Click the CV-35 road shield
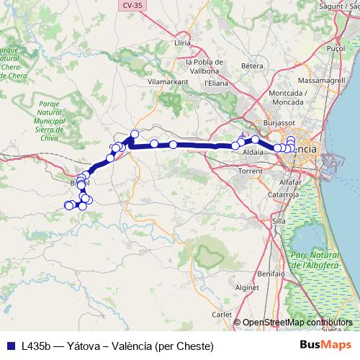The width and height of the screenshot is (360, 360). click(x=130, y=5)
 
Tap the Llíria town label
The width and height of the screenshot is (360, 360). click(x=183, y=43)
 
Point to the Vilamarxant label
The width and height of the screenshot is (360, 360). click(x=167, y=82)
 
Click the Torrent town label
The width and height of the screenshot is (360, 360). click(x=250, y=172)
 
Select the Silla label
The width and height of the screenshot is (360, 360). click(x=279, y=221)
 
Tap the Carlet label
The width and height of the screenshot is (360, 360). click(x=222, y=315)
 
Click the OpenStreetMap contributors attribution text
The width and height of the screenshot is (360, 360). click(x=297, y=322)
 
